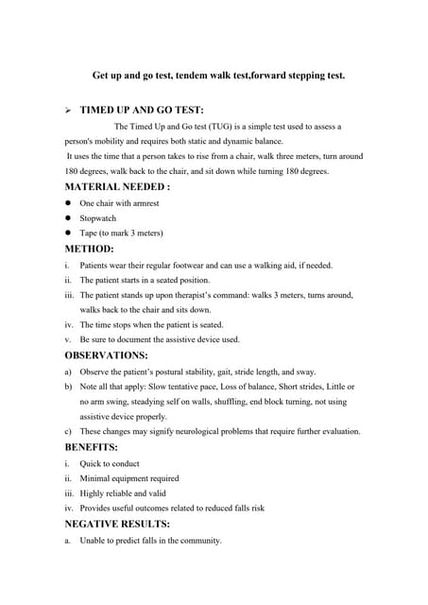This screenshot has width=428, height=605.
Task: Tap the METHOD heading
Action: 89,249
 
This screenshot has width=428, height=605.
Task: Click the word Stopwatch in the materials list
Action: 97,217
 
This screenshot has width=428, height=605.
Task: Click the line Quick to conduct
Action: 110,463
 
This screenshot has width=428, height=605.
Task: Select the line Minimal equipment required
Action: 129,478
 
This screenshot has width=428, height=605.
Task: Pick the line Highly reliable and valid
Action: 128,493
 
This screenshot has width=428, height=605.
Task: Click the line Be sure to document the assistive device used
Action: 160,338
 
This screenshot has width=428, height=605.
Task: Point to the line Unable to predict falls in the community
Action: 150,541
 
